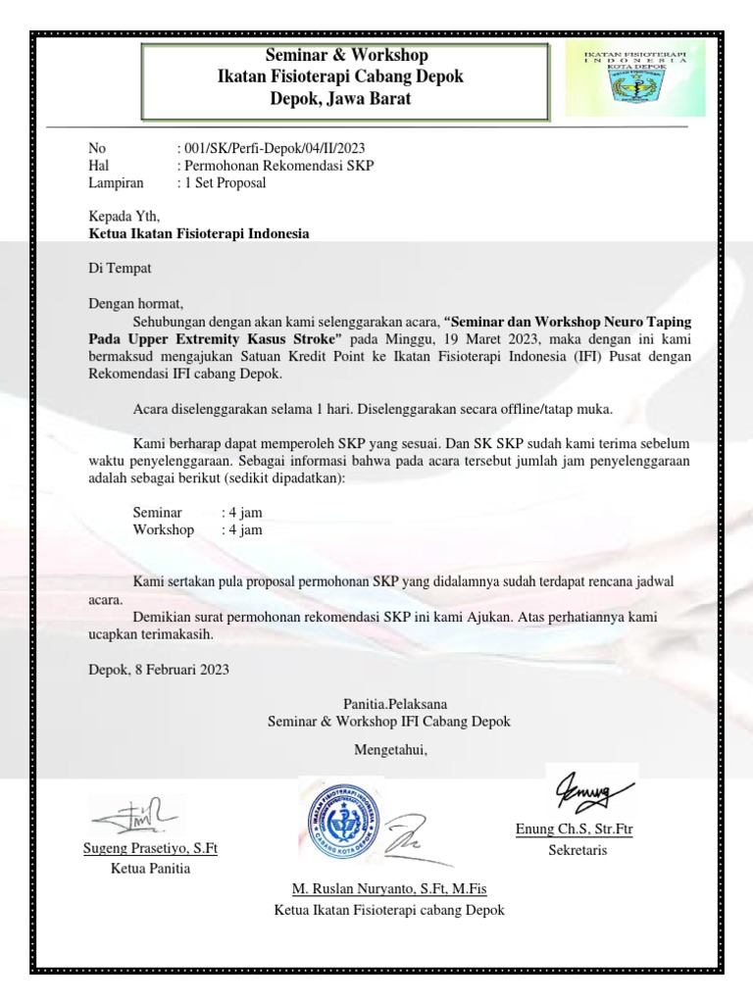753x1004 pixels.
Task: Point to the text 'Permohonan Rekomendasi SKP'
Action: pos(278,166)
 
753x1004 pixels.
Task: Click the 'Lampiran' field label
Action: pos(116,182)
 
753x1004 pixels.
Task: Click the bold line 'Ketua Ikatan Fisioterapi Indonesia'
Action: pos(199,233)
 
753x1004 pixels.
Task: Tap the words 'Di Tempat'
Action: pos(121,267)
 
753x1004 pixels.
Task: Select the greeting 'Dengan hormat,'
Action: pos(136,303)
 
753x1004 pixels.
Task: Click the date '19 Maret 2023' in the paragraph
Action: pos(457,338)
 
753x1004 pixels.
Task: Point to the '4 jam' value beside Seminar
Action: pos(245,512)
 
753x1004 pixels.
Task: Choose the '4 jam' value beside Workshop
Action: pos(245,529)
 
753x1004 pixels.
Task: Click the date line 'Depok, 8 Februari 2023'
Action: pos(159,670)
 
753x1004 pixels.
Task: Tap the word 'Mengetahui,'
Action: pos(390,751)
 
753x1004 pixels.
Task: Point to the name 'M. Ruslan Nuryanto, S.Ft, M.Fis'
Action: pos(389,888)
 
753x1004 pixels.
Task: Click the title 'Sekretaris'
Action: pos(577,849)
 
